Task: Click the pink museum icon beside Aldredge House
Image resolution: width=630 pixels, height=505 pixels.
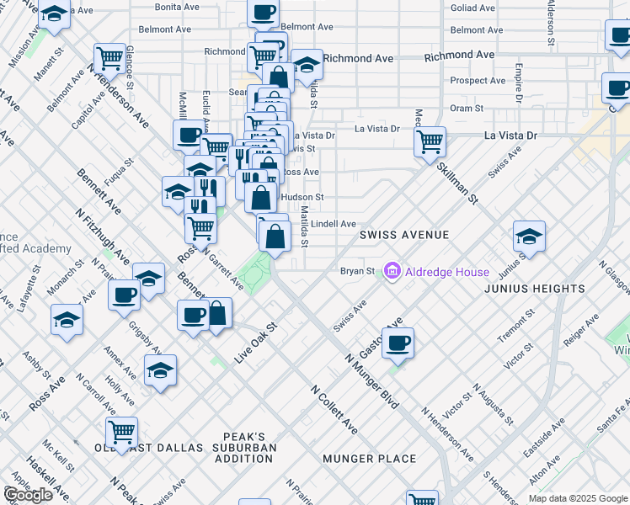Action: (x=392, y=272)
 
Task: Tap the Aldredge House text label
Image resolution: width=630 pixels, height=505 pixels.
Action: (x=446, y=272)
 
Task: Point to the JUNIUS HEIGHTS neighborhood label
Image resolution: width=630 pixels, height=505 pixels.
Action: (x=534, y=289)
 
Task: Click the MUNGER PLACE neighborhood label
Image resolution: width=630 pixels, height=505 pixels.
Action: (x=370, y=459)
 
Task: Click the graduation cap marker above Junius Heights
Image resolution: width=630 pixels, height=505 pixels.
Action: (x=529, y=236)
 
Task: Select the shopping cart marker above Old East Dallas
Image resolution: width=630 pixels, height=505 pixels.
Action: (x=123, y=431)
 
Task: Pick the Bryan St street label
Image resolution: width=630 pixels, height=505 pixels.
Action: (x=357, y=271)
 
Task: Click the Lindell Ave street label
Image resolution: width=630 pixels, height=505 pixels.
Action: (x=334, y=224)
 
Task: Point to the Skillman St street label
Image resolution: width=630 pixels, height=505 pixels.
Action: (x=457, y=183)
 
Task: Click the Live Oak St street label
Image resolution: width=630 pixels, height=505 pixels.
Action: (x=256, y=342)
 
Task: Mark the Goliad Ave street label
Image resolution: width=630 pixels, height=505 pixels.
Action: (x=472, y=8)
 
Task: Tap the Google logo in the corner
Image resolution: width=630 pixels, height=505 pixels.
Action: (x=28, y=495)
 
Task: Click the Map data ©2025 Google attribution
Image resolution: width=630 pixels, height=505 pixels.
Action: (x=578, y=498)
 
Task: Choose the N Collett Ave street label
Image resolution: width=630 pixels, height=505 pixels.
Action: (x=334, y=411)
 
